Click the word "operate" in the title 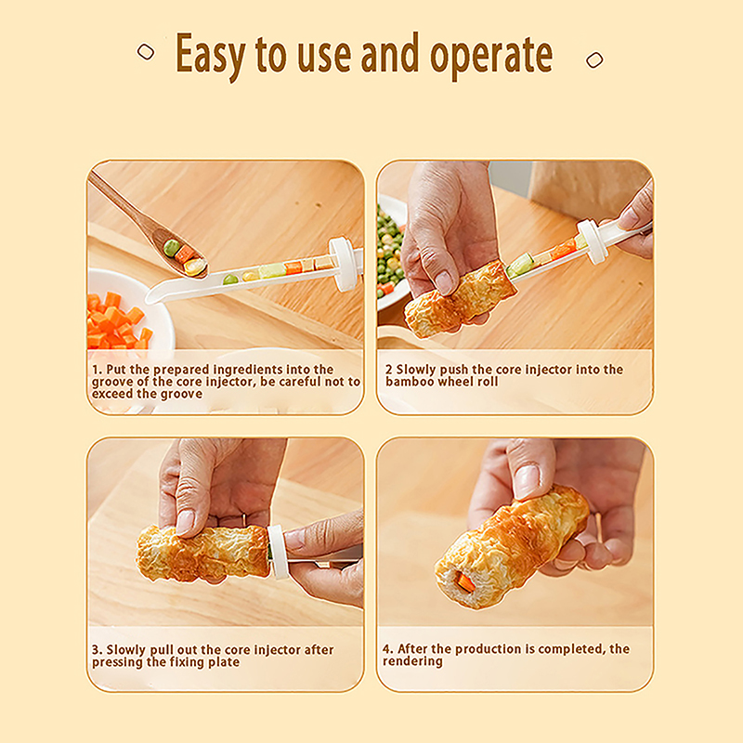[x=491, y=57]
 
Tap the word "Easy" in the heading [x=211, y=56]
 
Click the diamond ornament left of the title [x=146, y=52]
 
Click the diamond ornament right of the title [x=594, y=59]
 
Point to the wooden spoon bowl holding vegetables [x=182, y=256]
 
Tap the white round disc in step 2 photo [x=593, y=241]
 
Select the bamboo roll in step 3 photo [x=202, y=553]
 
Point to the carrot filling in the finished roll [x=464, y=581]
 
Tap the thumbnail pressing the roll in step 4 [x=529, y=479]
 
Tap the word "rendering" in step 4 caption [x=412, y=661]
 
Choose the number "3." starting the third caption [x=98, y=649]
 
